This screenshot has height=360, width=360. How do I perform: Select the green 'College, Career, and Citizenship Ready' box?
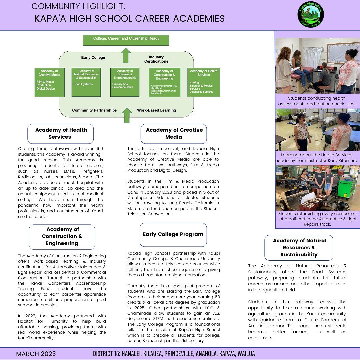126,40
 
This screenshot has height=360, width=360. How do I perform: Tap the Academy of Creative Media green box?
49,82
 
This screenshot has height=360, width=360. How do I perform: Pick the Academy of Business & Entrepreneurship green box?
125,82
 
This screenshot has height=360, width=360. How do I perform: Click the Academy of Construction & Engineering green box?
164,82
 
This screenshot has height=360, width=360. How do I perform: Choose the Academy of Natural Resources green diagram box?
86,82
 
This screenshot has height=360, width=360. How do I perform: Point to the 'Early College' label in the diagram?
93,58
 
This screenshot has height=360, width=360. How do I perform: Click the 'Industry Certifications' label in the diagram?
156,59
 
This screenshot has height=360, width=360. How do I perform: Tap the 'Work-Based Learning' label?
156,110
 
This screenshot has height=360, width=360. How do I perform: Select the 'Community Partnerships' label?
94,110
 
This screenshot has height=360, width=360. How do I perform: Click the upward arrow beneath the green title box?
126,55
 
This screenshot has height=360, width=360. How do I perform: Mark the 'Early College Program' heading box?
173,234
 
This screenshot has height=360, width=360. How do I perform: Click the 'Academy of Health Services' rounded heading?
61,133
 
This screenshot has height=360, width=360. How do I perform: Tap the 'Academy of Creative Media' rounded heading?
174,133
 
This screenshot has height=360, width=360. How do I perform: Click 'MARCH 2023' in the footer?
36,354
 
